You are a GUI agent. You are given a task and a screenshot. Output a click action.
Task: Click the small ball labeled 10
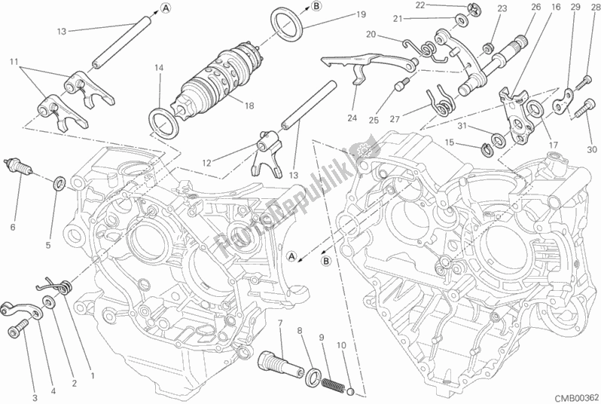click(x=349, y=390)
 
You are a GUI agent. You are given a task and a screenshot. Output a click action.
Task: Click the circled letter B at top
click(x=316, y=7)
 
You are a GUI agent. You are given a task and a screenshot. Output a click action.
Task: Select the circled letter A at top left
click(x=163, y=8)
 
